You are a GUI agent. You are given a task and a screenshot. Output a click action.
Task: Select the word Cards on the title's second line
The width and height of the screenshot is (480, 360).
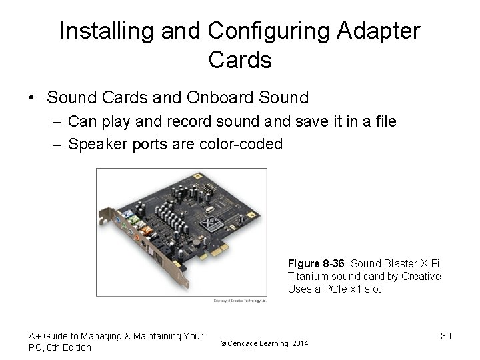pyautogui.click(x=240, y=60)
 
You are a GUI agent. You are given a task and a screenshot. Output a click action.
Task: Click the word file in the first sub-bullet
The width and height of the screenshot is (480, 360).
pyautogui.click(x=385, y=121)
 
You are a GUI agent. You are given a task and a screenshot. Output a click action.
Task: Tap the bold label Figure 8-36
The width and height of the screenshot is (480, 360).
pyautogui.click(x=317, y=263)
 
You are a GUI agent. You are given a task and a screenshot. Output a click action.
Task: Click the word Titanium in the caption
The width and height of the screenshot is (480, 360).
pyautogui.click(x=307, y=276)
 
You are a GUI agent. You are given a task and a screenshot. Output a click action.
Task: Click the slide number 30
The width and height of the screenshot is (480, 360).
pyautogui.click(x=446, y=336)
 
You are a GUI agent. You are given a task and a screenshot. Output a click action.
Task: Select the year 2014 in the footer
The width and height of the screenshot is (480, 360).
pyautogui.click(x=301, y=343)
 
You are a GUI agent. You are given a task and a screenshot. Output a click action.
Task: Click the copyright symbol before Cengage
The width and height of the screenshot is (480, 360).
pyautogui.click(x=223, y=343)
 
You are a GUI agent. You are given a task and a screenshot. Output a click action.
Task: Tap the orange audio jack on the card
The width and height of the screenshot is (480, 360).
pyautogui.click(x=137, y=235)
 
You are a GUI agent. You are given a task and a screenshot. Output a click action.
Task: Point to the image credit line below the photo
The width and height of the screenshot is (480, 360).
pyautogui.click(x=239, y=301)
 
